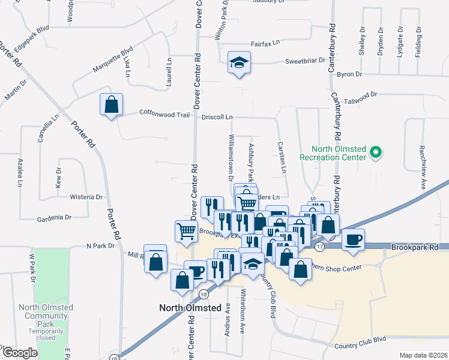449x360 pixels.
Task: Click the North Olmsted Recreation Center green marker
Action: pos(376,152)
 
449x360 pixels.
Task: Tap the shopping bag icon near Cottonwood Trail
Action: pos(111,104)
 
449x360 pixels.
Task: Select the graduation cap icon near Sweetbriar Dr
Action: pos(239,62)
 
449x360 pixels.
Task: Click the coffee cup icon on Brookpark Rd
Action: pos(353,238)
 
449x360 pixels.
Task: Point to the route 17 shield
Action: pos(319,247)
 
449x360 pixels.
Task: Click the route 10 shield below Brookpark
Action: pos(204,294)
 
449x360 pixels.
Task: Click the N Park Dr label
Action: pos(100,245)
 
